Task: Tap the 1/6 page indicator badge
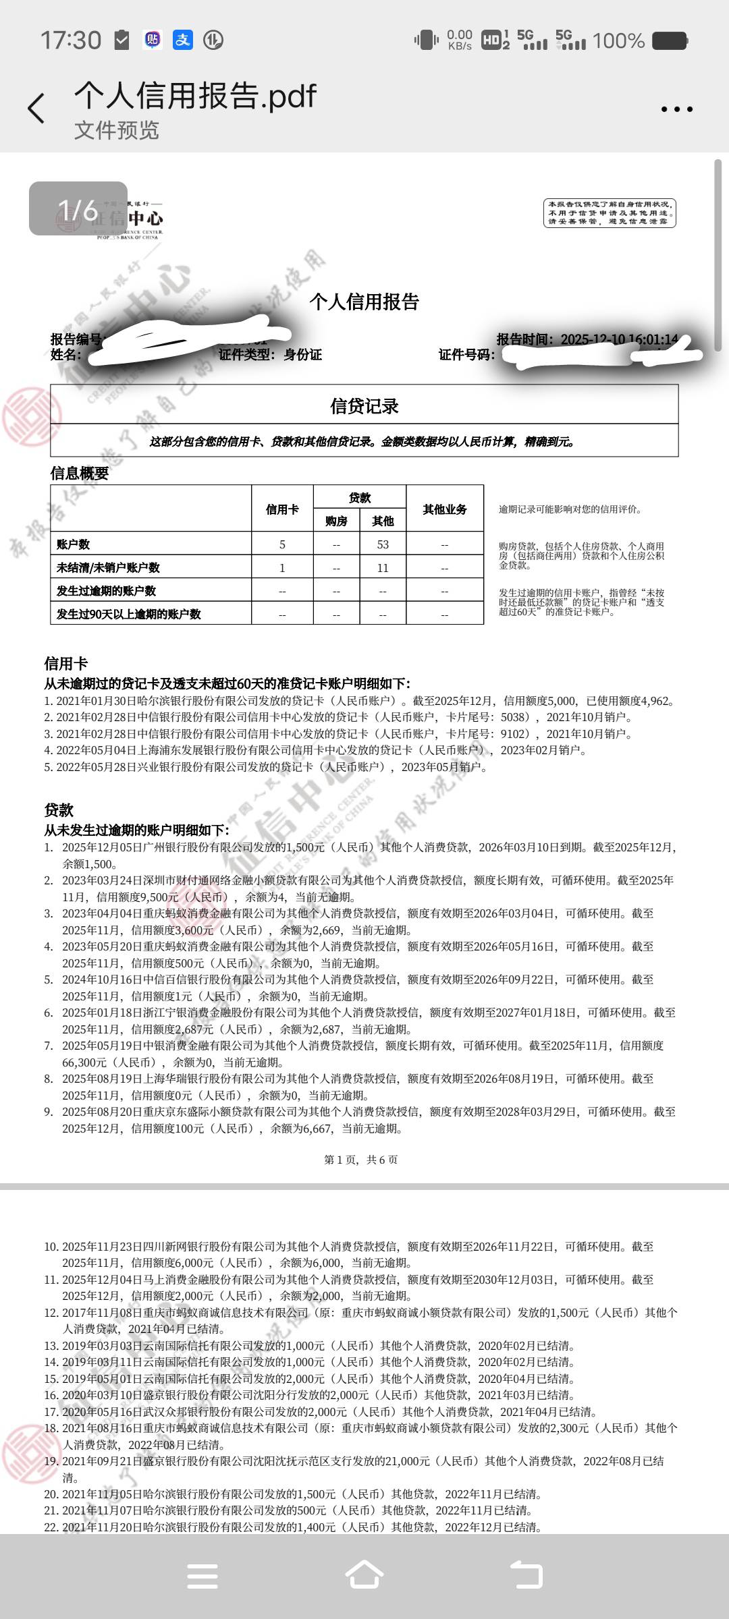[78, 209]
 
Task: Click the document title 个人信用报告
[364, 302]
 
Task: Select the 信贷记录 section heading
[364, 406]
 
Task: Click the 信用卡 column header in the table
[282, 509]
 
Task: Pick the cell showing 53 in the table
[383, 544]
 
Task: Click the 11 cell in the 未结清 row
[383, 568]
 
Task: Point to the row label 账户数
[74, 544]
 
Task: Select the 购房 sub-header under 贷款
[336, 521]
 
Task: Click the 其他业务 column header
[445, 509]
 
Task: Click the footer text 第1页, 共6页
[361, 1160]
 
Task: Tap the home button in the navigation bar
[364, 1576]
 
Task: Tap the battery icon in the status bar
[670, 40]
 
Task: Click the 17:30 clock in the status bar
[71, 40]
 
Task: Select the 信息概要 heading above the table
[80, 474]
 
